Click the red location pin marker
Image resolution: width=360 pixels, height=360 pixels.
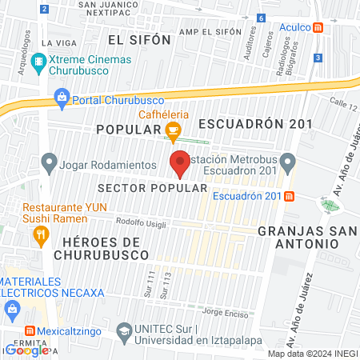(180, 164)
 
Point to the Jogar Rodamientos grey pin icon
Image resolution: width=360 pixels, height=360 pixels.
(49, 164)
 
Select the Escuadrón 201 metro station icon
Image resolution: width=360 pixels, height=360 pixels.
(289, 196)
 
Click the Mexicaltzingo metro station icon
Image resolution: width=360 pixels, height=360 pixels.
(30, 330)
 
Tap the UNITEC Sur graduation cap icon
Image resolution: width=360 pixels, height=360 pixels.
(124, 330)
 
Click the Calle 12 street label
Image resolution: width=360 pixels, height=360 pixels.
(342, 102)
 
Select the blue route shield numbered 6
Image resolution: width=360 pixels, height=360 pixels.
(261, 18)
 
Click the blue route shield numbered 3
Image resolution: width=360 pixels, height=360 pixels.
(318, 58)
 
